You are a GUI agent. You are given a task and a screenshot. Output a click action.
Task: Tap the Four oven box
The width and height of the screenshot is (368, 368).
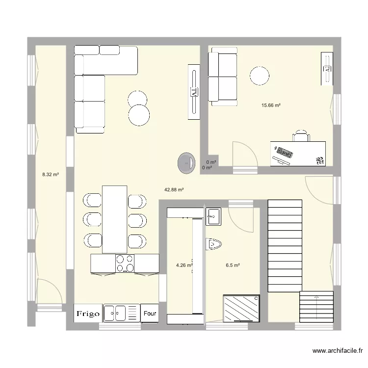click(150, 313)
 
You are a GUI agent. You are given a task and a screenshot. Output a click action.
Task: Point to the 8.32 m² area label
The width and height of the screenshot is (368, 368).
click(51, 174)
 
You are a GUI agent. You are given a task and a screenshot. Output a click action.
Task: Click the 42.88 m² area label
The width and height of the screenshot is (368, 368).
click(174, 190)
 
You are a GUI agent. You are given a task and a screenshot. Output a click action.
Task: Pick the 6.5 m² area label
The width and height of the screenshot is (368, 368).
click(233, 265)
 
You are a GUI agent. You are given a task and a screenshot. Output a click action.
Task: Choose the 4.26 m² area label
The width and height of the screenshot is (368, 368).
click(184, 265)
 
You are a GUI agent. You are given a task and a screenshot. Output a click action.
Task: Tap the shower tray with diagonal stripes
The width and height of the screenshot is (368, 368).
click(241, 308)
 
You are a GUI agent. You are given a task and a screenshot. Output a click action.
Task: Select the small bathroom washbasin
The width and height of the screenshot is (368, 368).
click(213, 216)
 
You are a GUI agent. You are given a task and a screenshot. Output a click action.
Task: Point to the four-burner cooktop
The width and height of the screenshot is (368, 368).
click(125, 263)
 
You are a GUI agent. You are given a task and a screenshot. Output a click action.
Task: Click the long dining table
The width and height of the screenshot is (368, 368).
click(114, 219)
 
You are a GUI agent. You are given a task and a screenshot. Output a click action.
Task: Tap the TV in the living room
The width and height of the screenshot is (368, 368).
click(194, 91)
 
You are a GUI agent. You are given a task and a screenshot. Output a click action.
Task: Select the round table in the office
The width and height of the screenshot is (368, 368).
click(259, 76)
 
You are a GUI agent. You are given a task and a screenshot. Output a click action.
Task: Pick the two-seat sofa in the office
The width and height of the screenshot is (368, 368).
click(223, 78)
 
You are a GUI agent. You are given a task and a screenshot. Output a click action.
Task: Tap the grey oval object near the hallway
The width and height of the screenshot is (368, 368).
click(186, 162)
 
